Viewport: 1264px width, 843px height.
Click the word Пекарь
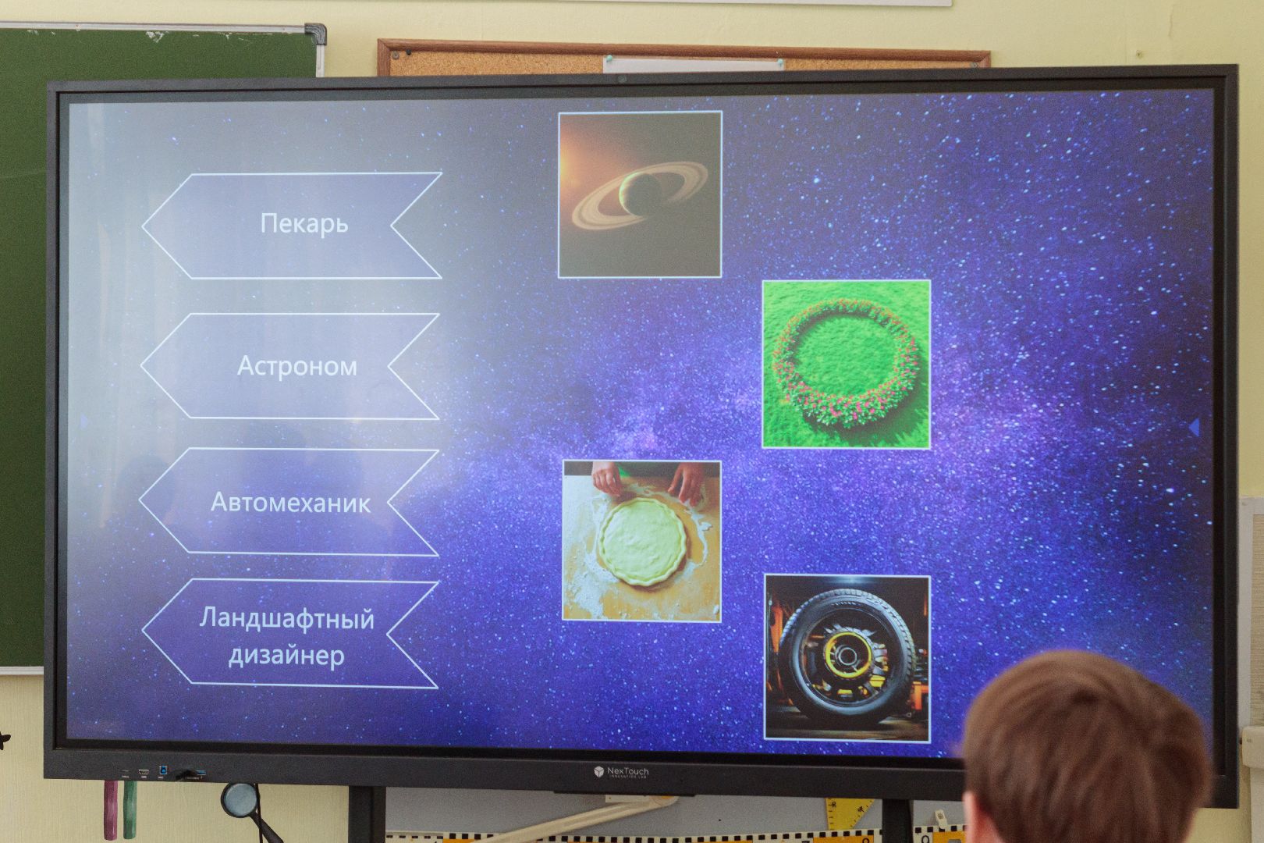(304, 224)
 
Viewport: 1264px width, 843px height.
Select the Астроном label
(297, 366)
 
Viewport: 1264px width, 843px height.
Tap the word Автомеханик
(290, 503)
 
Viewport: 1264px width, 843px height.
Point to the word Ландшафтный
(286, 620)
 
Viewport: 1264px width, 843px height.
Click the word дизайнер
(286, 656)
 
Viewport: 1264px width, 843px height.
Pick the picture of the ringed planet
(640, 195)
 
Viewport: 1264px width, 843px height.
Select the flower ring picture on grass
(846, 365)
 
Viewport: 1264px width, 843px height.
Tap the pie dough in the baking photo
(642, 541)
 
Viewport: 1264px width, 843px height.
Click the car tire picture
(847, 657)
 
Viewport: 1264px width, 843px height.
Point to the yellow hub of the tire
(845, 655)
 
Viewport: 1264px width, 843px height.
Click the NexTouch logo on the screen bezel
(621, 772)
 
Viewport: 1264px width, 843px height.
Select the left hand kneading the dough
(606, 478)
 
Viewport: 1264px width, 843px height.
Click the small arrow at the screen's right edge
(1194, 427)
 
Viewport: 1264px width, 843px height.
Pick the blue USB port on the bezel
(164, 770)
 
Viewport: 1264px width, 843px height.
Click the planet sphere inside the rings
(641, 193)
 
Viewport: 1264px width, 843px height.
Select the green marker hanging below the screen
(130, 809)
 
